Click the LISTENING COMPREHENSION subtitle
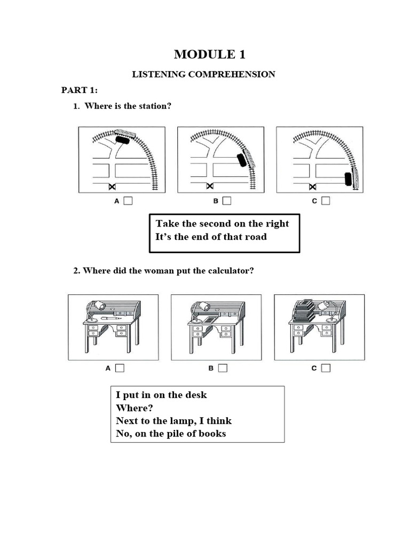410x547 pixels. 203,74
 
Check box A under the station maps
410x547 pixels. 128,201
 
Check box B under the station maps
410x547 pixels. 227,201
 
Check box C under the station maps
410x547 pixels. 326,201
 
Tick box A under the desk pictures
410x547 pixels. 120,368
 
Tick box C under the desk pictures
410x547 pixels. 326,368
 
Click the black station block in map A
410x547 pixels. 123,140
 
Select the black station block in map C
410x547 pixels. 348,179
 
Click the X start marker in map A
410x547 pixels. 112,186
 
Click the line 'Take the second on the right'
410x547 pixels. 222,223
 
